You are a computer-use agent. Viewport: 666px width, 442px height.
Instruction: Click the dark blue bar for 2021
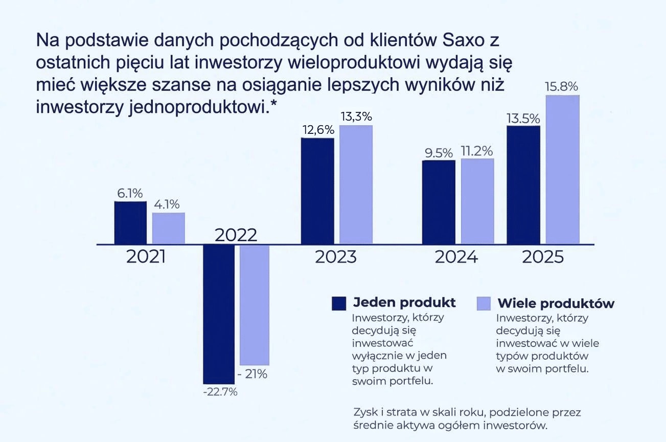130,223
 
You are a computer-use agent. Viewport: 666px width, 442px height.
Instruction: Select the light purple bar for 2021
168,228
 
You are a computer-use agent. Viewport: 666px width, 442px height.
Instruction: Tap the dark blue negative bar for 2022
219,314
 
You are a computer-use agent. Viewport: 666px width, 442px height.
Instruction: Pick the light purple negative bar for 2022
254,305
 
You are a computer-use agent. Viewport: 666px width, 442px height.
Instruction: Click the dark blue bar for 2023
317,191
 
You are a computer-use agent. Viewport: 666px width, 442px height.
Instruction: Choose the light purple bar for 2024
477,201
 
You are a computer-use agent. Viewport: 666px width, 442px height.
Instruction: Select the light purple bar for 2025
563,170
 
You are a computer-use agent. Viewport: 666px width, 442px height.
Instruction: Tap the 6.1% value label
130,193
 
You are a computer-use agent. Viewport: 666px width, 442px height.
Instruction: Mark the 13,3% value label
356,117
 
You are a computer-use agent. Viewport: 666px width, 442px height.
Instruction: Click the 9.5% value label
439,152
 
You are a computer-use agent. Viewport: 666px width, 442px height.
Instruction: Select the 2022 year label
236,236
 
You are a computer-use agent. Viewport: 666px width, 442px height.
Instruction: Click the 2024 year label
456,257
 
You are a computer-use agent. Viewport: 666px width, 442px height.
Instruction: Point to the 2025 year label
542,257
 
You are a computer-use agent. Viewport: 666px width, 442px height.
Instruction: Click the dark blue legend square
339,303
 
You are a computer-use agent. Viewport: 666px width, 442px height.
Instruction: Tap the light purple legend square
484,303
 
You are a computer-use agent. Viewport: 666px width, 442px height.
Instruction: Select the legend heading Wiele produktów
556,303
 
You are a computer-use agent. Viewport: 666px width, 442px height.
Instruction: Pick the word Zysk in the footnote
366,412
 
